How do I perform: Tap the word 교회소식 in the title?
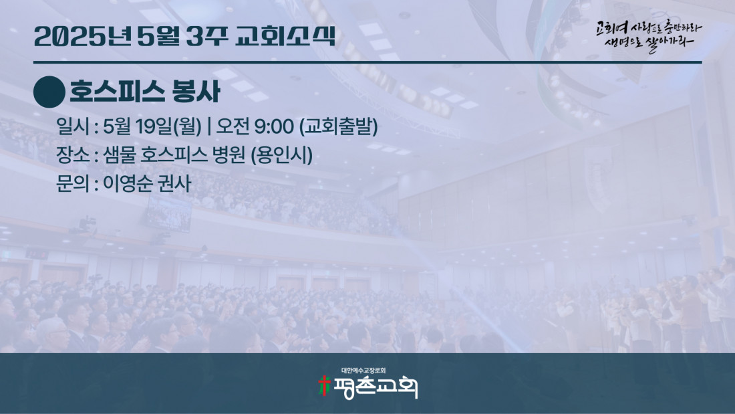(285, 35)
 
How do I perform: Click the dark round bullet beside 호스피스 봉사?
(49, 92)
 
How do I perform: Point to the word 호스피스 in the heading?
(117, 92)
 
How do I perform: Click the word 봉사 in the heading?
(196, 92)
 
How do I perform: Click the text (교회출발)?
(339, 126)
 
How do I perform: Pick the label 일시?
(73, 126)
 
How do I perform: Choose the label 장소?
(73, 155)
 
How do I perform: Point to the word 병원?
(229, 155)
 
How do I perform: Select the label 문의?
(73, 183)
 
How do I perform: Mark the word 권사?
(175, 183)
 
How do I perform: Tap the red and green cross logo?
(324, 386)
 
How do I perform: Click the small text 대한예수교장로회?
(363, 371)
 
